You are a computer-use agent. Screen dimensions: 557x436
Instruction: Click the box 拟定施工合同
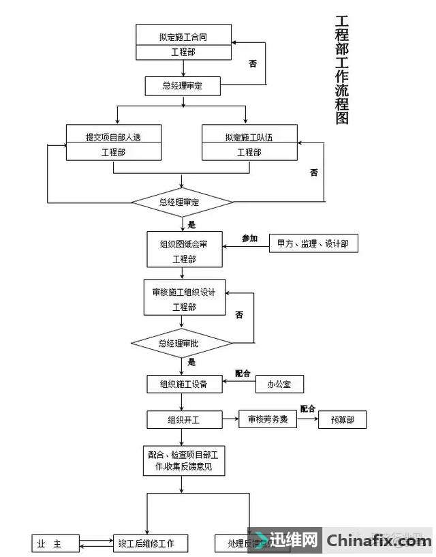(x=183, y=42)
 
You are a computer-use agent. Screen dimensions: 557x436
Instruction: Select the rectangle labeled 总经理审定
(x=182, y=86)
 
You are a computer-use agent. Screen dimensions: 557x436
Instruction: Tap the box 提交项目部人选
(x=113, y=143)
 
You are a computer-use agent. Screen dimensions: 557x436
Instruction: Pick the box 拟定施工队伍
(x=249, y=143)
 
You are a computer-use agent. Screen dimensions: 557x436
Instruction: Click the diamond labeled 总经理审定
(x=182, y=202)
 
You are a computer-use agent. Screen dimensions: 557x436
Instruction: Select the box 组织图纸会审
(x=183, y=250)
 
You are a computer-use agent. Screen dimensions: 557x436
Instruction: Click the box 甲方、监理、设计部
(x=313, y=243)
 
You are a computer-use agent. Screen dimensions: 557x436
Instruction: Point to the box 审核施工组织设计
(x=183, y=297)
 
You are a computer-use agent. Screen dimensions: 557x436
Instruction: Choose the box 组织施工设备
(x=182, y=385)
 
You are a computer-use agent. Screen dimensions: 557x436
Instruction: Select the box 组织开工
(x=182, y=420)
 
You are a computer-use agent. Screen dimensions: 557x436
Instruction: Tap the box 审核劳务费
(x=264, y=420)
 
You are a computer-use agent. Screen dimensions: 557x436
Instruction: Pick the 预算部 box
(x=341, y=420)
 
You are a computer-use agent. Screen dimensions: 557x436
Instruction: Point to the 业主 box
(x=55, y=543)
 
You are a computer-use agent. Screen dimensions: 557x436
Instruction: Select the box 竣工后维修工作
(x=151, y=543)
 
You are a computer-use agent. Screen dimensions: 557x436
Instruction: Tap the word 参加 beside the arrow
(x=250, y=238)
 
